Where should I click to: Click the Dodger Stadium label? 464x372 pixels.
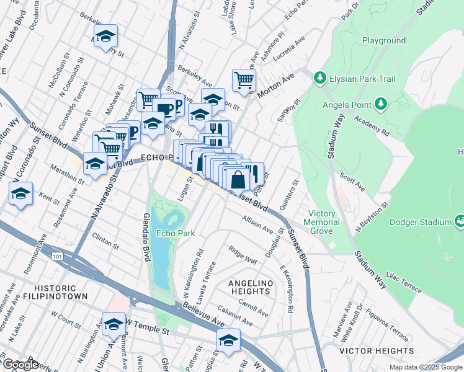[x=420, y=222]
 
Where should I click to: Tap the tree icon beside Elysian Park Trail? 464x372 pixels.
[x=319, y=78]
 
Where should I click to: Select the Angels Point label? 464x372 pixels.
[x=347, y=104]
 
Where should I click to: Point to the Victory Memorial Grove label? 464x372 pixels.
[x=322, y=222]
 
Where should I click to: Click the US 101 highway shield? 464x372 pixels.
[x=58, y=255]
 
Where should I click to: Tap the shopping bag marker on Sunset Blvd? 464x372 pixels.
[x=238, y=179]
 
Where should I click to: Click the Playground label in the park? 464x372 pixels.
[x=384, y=41]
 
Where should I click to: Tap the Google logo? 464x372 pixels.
[x=20, y=365]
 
